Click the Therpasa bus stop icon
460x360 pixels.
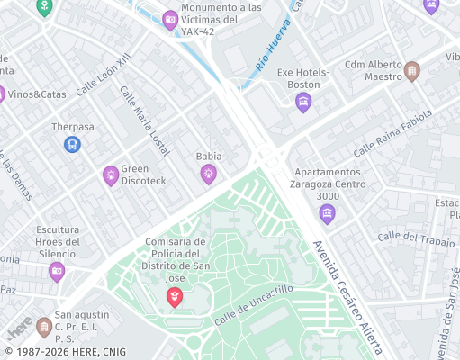pyautogui.click(x=72, y=144)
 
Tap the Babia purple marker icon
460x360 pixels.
pyautogui.click(x=208, y=174)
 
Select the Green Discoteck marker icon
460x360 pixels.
pyautogui.click(x=111, y=175)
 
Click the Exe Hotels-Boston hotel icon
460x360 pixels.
pyautogui.click(x=303, y=102)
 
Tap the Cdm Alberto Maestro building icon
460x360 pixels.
pyautogui.click(x=411, y=70)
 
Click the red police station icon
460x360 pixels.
pyautogui.click(x=175, y=296)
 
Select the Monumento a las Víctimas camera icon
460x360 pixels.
pyautogui.click(x=170, y=20)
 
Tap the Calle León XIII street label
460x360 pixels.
pyautogui.click(x=104, y=74)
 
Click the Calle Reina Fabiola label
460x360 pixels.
pyautogui.click(x=392, y=133)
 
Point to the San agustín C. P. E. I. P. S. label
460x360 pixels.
pyautogui.click(x=81, y=327)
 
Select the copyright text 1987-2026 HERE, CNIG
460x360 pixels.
pyautogui.click(x=65, y=352)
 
